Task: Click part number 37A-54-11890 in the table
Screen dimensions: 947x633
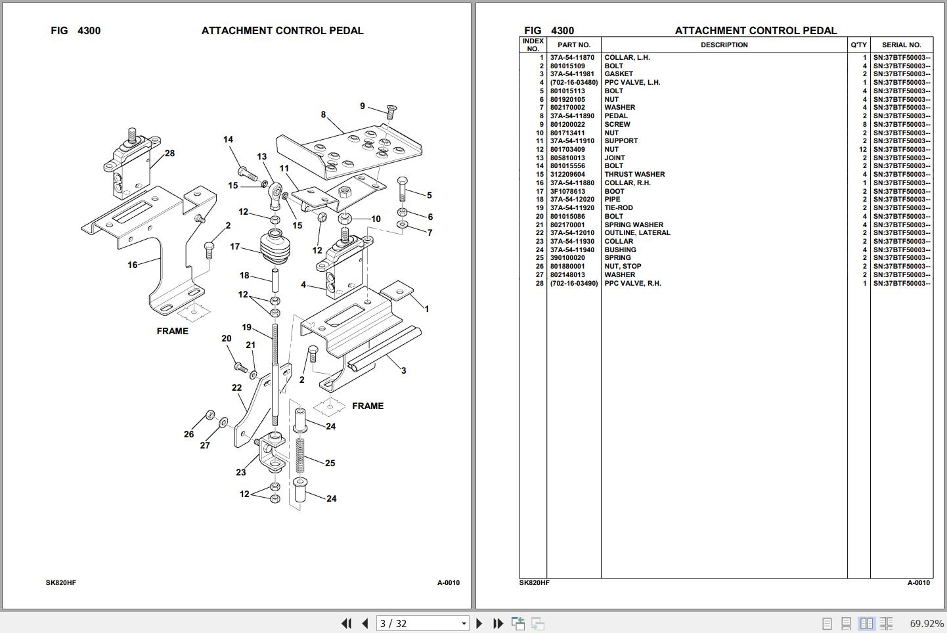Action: [x=572, y=116]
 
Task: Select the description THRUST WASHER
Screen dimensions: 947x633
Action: [x=634, y=174]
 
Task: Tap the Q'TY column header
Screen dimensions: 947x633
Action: [x=858, y=45]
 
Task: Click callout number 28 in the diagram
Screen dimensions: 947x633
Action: [x=170, y=154]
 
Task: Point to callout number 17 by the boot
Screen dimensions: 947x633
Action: [x=235, y=246]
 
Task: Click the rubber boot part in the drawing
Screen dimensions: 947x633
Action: [x=275, y=247]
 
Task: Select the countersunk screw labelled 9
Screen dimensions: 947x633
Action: [x=391, y=112]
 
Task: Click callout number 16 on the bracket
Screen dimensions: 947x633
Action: [x=132, y=265]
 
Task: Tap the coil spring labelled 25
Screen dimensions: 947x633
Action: [x=299, y=456]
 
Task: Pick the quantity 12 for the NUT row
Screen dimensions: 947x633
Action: [x=862, y=149]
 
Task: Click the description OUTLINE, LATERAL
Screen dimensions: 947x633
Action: [x=637, y=233]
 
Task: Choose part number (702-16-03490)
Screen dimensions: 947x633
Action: [x=574, y=283]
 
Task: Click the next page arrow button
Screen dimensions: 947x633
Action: [x=479, y=623]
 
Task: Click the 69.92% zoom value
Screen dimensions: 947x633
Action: [x=927, y=623]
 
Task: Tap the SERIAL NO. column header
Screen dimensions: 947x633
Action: [x=901, y=45]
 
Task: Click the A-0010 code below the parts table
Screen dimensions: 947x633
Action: [x=918, y=582]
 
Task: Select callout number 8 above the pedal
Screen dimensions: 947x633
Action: [x=323, y=115]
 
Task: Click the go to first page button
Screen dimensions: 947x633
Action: [x=346, y=623]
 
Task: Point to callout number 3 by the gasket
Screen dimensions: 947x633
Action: [x=404, y=371]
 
